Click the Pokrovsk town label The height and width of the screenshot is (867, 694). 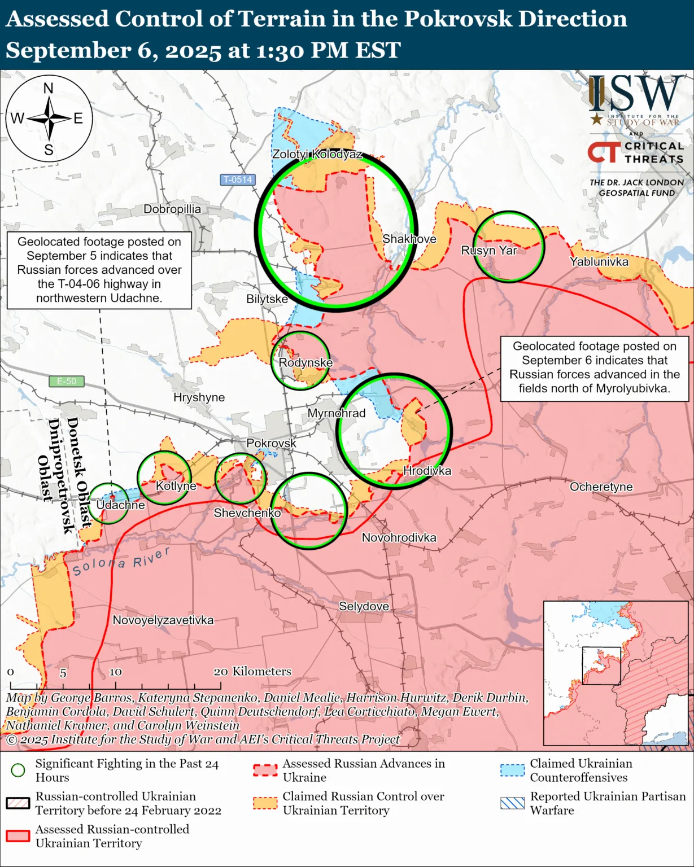[x=271, y=444]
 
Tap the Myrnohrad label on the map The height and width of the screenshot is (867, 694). [x=337, y=413]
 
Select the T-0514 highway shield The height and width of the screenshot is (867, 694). [x=238, y=179]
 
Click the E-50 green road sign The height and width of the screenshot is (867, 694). [x=67, y=381]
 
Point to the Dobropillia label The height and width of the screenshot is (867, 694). [x=172, y=209]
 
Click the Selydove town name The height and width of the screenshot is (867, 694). [x=364, y=607]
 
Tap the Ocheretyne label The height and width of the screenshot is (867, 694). [x=601, y=487]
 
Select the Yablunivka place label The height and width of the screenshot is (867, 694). [x=599, y=262]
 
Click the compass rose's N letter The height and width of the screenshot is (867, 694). [x=49, y=89]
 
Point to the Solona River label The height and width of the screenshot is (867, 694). [x=121, y=562]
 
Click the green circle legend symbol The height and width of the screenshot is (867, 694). [x=18, y=770]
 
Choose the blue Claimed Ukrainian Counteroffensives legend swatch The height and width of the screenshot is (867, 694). [x=512, y=770]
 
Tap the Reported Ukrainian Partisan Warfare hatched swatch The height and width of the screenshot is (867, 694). [x=512, y=803]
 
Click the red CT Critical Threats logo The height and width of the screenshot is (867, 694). [x=604, y=152]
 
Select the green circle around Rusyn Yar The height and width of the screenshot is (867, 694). [x=509, y=213]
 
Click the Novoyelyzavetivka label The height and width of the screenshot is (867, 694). [x=163, y=620]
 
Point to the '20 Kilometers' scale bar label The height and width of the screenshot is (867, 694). [x=252, y=672]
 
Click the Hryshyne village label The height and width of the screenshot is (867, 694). [x=199, y=397]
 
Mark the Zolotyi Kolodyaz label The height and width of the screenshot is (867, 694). [x=317, y=154]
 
